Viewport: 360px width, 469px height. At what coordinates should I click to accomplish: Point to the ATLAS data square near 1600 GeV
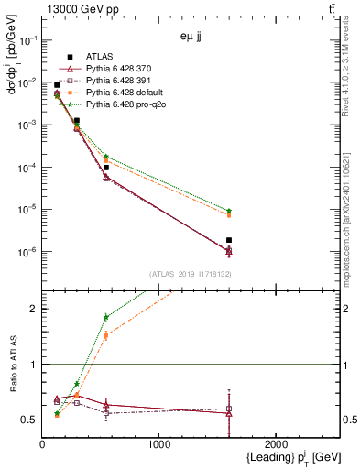pos(229,240)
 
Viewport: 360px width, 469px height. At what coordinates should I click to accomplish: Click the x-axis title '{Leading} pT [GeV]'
pos(275,458)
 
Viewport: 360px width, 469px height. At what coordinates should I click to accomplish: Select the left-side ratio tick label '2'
pos(33,309)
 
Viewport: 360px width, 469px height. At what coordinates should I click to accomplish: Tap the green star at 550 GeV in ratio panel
pos(106,317)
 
